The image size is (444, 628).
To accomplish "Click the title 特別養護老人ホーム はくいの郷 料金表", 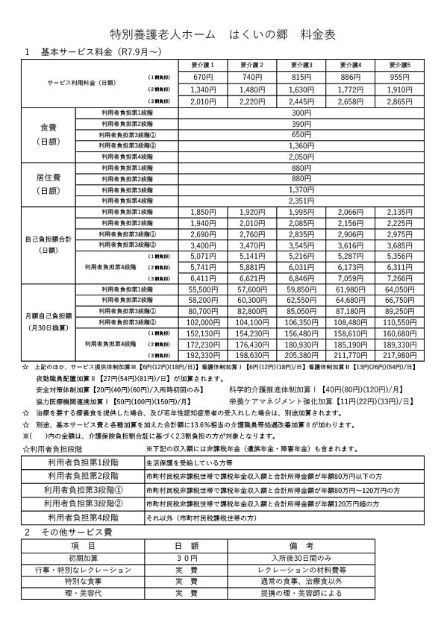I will tap(222, 34).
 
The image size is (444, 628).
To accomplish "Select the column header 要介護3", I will tap(301, 66).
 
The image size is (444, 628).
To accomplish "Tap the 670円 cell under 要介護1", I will tap(203, 78).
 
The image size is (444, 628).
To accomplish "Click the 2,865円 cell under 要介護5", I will tap(400, 101).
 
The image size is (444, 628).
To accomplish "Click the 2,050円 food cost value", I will tap(301, 157).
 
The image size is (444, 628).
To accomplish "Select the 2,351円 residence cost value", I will tap(301, 201).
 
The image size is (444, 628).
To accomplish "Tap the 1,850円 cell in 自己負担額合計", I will tap(203, 213).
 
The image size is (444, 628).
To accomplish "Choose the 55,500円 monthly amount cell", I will tap(203, 289).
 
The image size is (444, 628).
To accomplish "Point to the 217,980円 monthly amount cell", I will tap(400, 356).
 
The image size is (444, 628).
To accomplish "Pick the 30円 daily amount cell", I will tap(187, 558).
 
